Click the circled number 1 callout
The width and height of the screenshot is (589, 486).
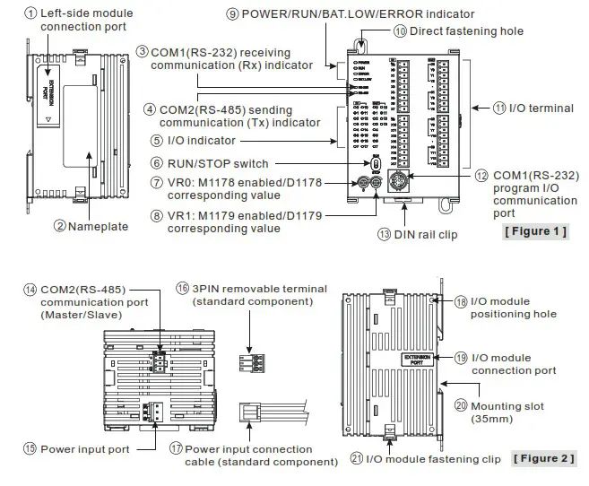coord(30,13)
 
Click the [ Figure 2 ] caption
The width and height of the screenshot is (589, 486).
coord(543,458)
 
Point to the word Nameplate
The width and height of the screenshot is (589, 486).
coord(98,226)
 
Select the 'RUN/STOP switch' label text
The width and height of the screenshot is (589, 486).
coord(215,163)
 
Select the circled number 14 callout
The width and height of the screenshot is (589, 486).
coord(30,290)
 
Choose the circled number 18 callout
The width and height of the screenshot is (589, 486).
coord(461,301)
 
